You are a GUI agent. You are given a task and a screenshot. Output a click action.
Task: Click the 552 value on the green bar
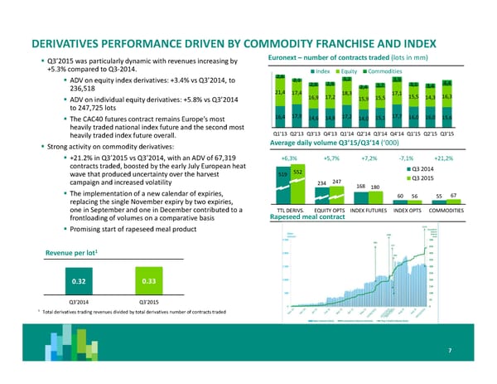tap(297, 171)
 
